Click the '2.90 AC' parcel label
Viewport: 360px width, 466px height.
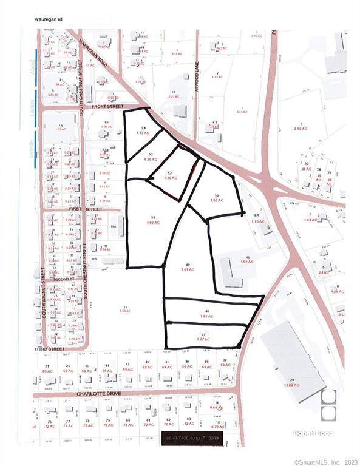(297, 129)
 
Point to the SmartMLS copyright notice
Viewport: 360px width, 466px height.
(325, 462)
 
